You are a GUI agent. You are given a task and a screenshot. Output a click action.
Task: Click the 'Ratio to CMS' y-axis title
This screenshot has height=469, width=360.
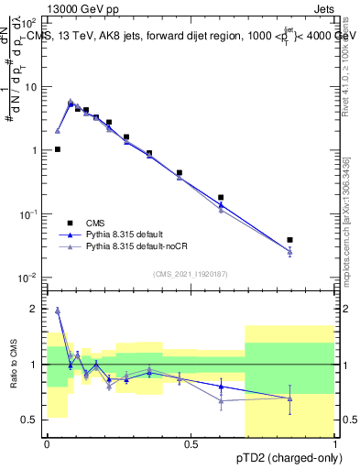pos(13,364)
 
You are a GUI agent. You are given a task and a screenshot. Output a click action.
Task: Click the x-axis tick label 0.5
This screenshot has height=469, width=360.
pos(191,444)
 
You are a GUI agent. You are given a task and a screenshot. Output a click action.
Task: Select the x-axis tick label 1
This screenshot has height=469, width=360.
pos(335,444)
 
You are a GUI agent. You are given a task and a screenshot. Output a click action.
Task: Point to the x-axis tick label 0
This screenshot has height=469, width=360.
pos(47,444)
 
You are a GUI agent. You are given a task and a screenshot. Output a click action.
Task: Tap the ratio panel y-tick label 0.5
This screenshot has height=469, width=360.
pos(31,420)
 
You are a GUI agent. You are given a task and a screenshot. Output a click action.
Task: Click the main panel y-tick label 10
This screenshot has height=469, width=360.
pos(30,87)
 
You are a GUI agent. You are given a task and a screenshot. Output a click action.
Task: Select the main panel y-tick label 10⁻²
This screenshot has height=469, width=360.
pos(29,278)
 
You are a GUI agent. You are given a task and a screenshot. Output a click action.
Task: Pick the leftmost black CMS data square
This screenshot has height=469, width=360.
pos(58,149)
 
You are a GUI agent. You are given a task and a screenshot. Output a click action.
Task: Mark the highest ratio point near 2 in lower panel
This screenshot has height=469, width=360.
pos(58,311)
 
